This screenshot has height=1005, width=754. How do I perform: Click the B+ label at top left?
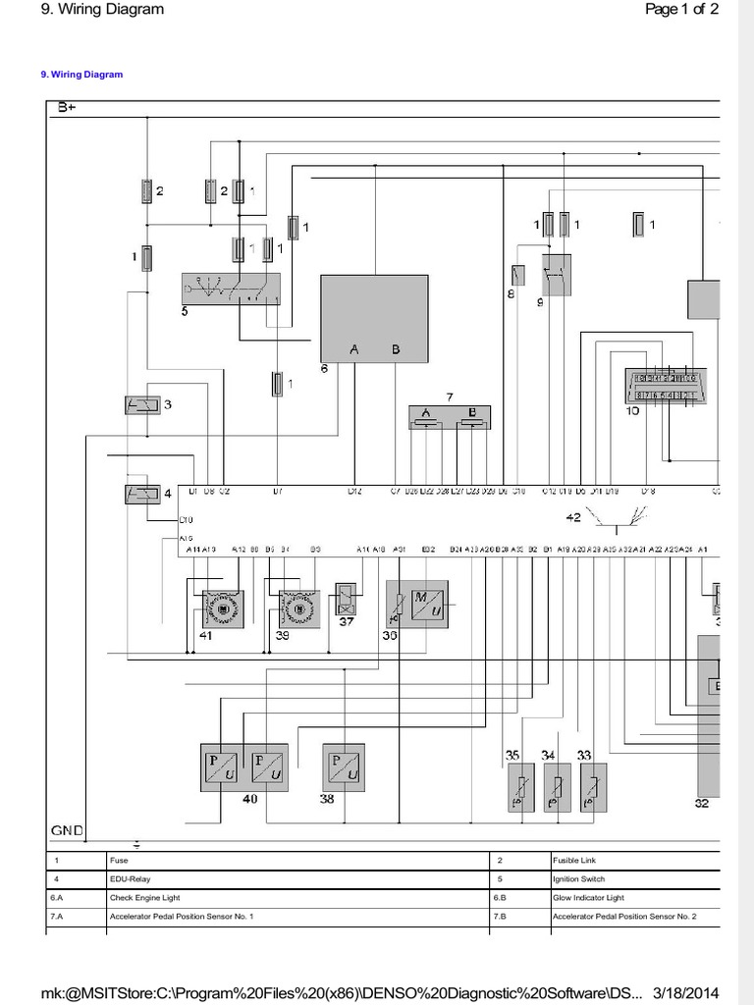point(67,107)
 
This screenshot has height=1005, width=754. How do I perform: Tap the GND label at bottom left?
point(67,830)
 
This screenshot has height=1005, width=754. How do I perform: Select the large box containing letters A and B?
point(374,318)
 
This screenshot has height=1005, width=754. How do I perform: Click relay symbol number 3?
point(143,404)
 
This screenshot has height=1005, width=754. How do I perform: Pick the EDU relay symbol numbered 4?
point(143,494)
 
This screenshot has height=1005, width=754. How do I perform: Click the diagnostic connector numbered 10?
point(665,387)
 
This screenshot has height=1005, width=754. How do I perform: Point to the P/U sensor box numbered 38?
point(344,767)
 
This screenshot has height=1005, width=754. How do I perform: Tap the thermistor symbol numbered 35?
point(520,787)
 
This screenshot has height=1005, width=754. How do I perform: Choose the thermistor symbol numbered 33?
point(592,787)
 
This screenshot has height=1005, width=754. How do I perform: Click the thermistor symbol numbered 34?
point(557,787)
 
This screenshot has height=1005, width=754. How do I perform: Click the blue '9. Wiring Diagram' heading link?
point(81,75)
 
